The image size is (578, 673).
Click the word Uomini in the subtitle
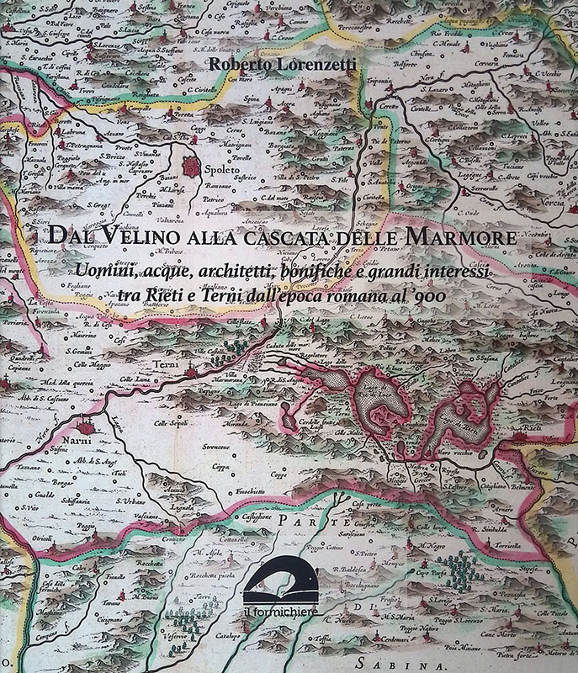105,271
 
